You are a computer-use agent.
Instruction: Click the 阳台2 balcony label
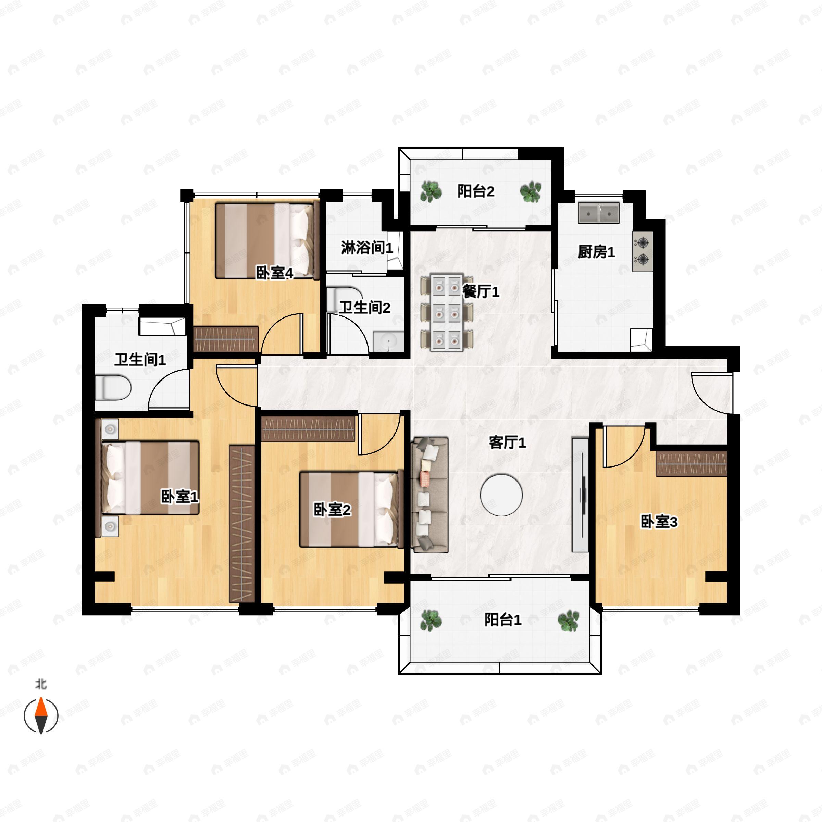476,191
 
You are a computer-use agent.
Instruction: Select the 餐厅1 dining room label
481,291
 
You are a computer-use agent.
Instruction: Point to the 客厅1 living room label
507,443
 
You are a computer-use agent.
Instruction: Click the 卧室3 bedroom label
659,522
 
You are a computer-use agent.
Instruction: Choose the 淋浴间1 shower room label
367,248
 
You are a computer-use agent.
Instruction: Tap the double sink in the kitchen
599,213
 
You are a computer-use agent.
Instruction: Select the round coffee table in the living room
501,495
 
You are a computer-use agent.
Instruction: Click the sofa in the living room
429,495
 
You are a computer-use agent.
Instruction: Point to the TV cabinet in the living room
580,495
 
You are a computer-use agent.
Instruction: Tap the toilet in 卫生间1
112,387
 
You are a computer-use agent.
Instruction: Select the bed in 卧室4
267,241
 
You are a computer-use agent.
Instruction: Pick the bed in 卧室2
351,509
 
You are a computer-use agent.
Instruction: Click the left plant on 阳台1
431,620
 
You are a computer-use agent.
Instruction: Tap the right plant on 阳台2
531,191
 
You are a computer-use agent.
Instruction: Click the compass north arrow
41,715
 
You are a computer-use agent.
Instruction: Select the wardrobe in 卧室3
692,464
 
